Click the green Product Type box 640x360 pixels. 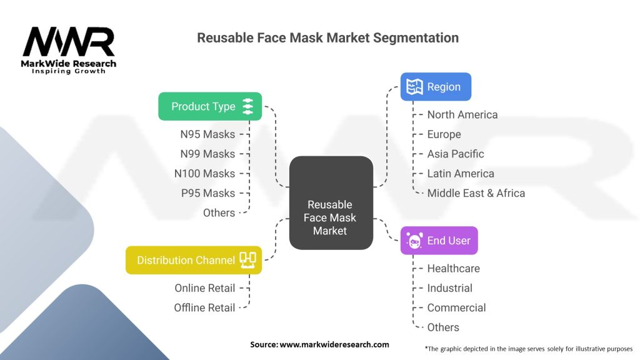(x=209, y=106)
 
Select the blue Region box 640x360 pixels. (x=436, y=87)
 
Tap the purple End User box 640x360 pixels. (x=439, y=241)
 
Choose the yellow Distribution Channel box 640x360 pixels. (x=194, y=260)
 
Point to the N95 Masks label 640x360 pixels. (x=207, y=134)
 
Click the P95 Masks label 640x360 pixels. (x=207, y=193)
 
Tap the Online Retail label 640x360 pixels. (x=205, y=288)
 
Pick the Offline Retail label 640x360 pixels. (x=204, y=307)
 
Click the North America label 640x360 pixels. (x=462, y=115)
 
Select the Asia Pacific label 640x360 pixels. (x=456, y=154)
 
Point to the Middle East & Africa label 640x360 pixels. (x=476, y=193)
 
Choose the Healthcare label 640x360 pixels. (x=454, y=269)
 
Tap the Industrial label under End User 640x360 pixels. (x=450, y=288)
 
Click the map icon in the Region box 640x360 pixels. (x=415, y=87)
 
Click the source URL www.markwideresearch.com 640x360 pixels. (x=334, y=344)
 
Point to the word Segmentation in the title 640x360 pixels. (x=416, y=37)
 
